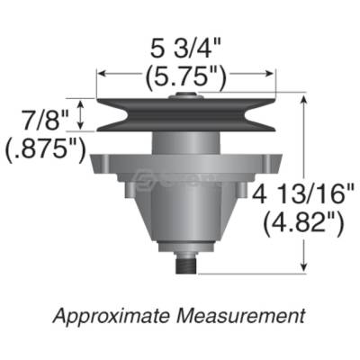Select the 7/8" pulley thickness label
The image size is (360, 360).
(40, 116)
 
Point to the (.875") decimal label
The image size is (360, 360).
(44, 148)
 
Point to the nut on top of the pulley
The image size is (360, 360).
(185, 93)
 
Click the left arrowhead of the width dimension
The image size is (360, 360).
(101, 76)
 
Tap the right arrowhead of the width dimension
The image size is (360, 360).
(273, 76)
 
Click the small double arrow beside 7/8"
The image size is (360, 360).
(83, 115)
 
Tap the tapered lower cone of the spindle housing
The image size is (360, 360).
(185, 220)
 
